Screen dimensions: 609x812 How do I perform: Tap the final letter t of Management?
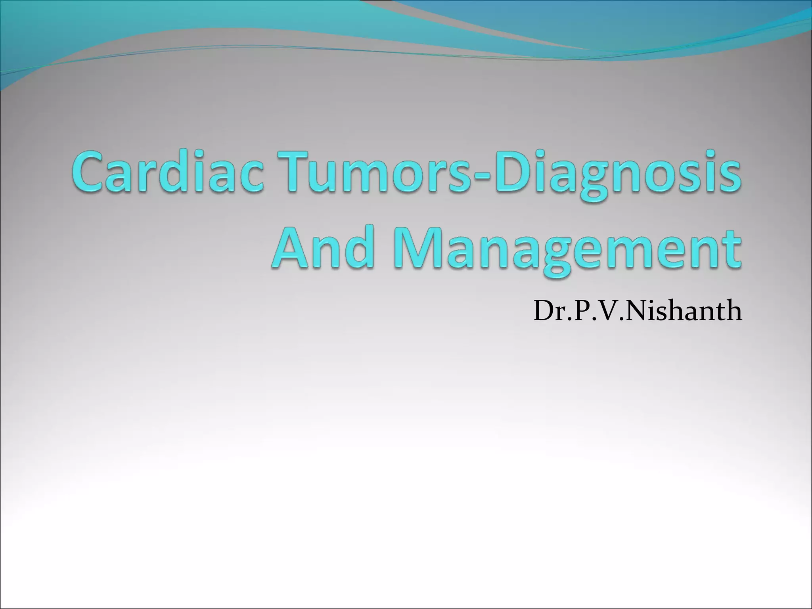pos(732,248)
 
